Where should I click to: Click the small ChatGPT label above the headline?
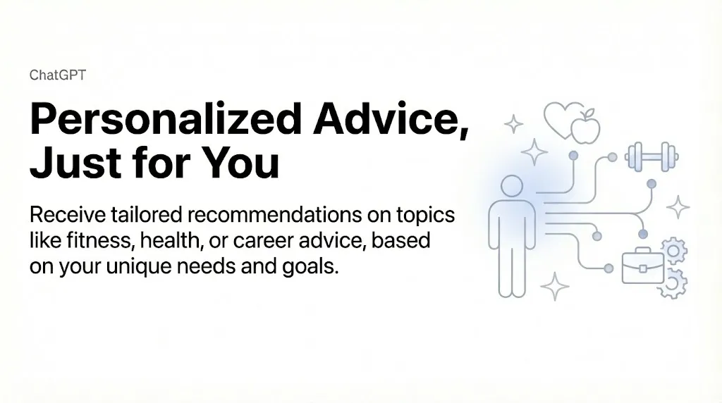(58, 75)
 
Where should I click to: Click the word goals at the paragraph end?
(309, 268)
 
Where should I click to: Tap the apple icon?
(585, 128)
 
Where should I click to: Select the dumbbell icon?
(652, 156)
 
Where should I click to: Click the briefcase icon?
(642, 267)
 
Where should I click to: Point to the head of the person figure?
(511, 187)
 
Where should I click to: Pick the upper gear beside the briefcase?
(674, 250)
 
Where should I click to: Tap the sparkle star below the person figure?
(555, 287)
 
